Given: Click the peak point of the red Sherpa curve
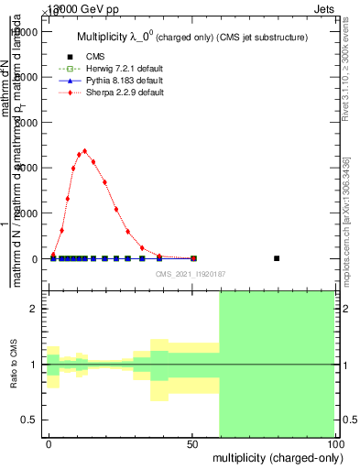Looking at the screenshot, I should tap(84, 151).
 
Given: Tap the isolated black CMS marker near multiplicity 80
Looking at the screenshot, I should tap(277, 258).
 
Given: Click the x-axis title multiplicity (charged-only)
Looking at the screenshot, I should tap(274, 456).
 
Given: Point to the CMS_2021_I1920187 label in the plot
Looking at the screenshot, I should tap(190, 274).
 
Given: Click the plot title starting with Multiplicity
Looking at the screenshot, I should tap(191, 37).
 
